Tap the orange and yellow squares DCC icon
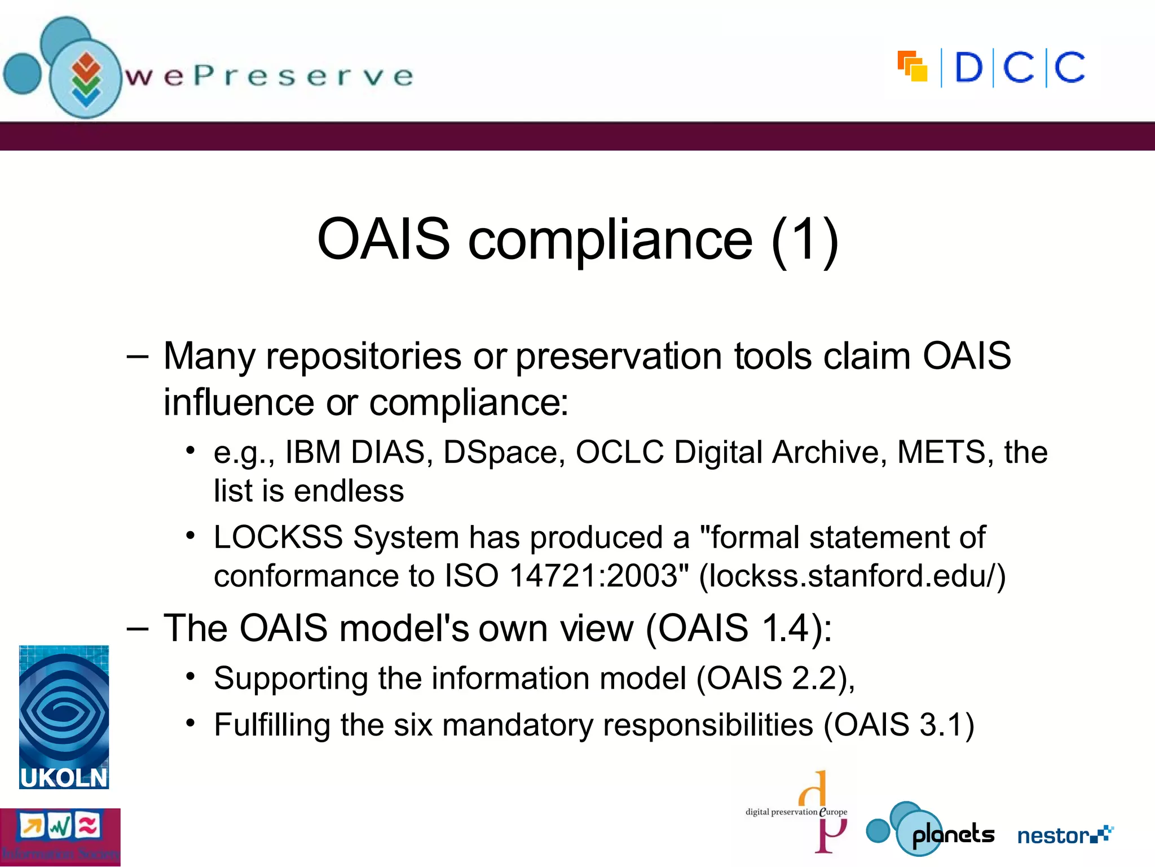click(912, 67)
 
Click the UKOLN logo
click(64, 717)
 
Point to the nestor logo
click(1065, 835)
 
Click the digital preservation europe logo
click(797, 811)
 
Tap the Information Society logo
click(60, 837)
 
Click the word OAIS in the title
click(383, 239)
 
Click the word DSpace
click(504, 452)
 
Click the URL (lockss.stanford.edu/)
click(852, 576)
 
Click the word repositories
click(363, 357)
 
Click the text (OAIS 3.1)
click(899, 725)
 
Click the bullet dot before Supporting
click(191, 676)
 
